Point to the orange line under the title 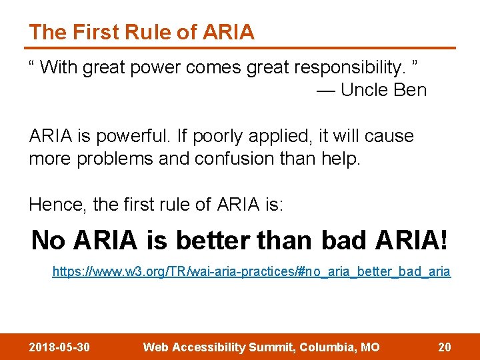click(x=240, y=48)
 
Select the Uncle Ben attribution click(x=383, y=90)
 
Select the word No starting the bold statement click(x=48, y=240)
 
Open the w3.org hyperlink click(x=251, y=272)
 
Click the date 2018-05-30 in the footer click(x=60, y=347)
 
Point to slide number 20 click(x=444, y=347)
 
